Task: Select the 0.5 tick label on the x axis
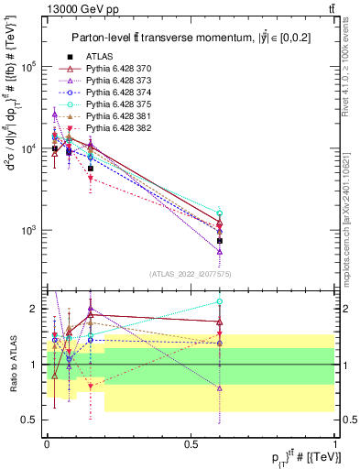[x=191, y=442]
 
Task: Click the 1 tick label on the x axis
[x=334, y=442]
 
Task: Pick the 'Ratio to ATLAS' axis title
[x=12, y=365]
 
